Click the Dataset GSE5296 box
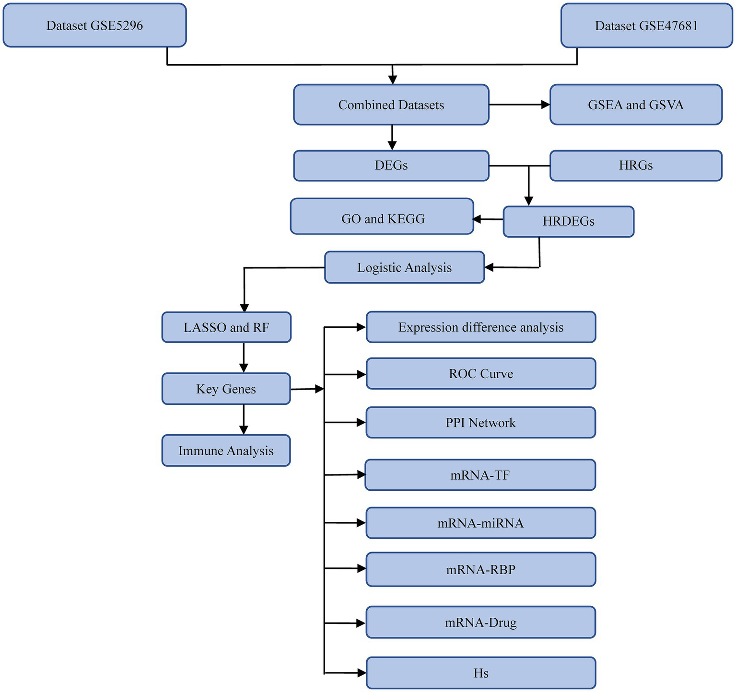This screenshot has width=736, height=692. [94, 25]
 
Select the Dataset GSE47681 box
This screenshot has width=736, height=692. [646, 26]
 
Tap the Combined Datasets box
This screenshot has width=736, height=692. [391, 105]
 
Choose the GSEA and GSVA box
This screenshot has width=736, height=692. [636, 105]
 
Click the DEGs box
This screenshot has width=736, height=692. [391, 166]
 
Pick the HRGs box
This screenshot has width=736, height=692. [636, 166]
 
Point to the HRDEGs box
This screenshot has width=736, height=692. [569, 221]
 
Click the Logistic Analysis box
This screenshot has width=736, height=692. [404, 267]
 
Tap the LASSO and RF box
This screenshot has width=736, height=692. [226, 327]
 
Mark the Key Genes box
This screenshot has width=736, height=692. [226, 389]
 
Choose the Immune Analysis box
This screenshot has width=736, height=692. [226, 450]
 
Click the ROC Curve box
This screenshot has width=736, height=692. [481, 373]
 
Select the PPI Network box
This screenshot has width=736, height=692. [481, 423]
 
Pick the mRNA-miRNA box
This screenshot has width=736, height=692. [481, 523]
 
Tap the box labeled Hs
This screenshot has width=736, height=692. [481, 673]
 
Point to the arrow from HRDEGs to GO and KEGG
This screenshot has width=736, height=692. [488, 219]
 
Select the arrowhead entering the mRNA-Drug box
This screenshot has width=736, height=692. [361, 623]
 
